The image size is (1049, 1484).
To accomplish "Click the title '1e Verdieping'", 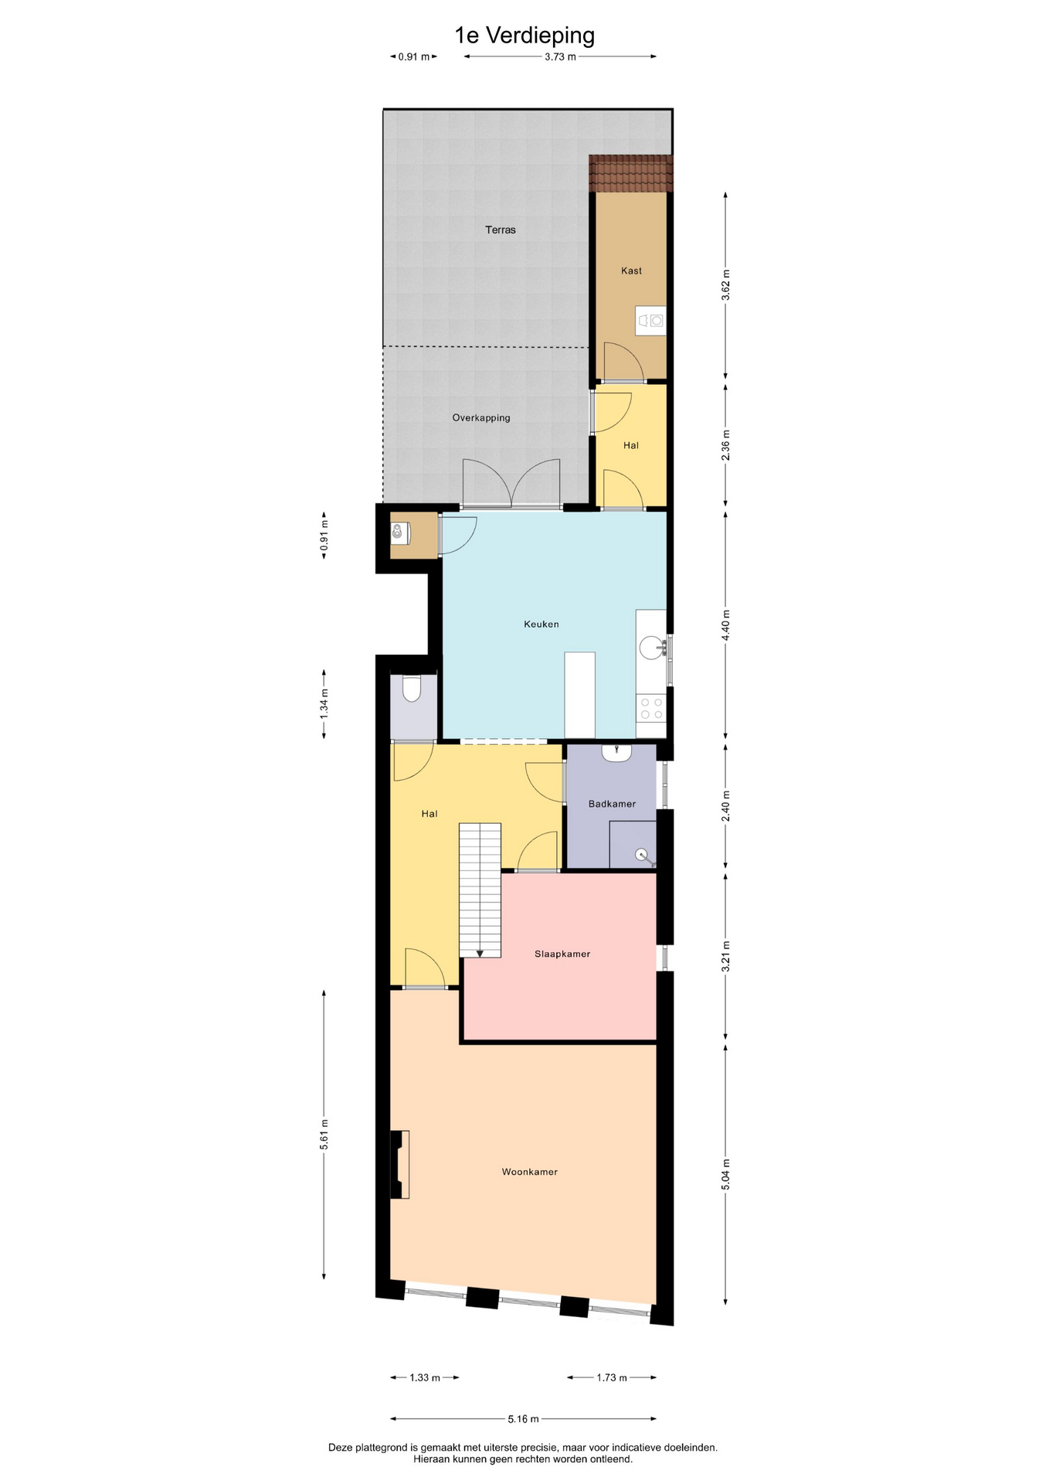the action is pos(524,36).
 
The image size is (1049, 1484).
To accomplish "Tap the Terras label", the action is pos(501,230).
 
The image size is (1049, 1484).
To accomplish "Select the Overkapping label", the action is pos(481,418).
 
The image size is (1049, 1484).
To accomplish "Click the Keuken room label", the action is pos(541,624).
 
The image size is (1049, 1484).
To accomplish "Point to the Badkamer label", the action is pos(612,804).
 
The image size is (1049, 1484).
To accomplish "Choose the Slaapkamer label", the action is pos(562,954).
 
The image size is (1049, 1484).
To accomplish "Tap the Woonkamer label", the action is pos(530,1172).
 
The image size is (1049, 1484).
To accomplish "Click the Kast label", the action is pos(631,271).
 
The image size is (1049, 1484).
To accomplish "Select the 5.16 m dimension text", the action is pos(523,1418).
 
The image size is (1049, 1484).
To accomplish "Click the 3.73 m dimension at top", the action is pos(560,56).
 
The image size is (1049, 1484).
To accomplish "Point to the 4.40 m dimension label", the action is pos(725,625).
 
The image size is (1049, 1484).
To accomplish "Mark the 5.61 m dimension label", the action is pos(324,1134).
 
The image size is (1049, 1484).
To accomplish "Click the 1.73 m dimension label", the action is pos(612,1377).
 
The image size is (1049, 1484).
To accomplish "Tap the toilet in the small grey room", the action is pos(412,689).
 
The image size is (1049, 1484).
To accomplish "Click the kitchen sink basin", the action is pos(652,648).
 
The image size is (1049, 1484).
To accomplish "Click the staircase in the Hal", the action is pos(480,890).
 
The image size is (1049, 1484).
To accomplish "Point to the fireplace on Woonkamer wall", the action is pos(399,1164).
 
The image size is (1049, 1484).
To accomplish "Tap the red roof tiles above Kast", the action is pos(631,173).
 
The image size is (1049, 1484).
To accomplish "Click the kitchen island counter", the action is pos(580,695).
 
